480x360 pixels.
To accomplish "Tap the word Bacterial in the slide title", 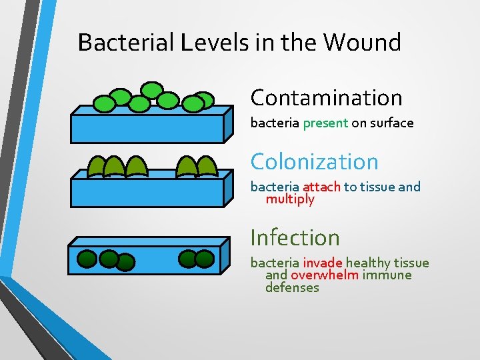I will (x=125, y=43).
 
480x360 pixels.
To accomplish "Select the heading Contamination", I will (x=326, y=98).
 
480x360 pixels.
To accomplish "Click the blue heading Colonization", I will (x=314, y=161).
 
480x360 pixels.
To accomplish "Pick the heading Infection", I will (x=295, y=237).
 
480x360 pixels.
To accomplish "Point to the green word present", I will (x=325, y=123).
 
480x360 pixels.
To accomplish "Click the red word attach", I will (x=321, y=187).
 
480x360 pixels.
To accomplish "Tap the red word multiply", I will (x=290, y=199).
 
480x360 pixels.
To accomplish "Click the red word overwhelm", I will (x=325, y=275).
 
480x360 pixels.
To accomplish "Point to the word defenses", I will (x=292, y=288).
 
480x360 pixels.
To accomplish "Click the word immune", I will (x=387, y=275).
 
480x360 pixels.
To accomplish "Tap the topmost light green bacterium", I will (x=152, y=89).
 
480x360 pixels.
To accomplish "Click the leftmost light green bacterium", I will (x=104, y=103).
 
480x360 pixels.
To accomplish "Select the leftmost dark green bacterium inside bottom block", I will (x=89, y=259).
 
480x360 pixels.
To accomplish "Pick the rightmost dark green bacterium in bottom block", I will (x=205, y=259).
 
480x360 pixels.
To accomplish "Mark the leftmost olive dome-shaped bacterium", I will (x=97, y=167).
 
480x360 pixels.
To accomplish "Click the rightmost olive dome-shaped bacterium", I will (x=207, y=167).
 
